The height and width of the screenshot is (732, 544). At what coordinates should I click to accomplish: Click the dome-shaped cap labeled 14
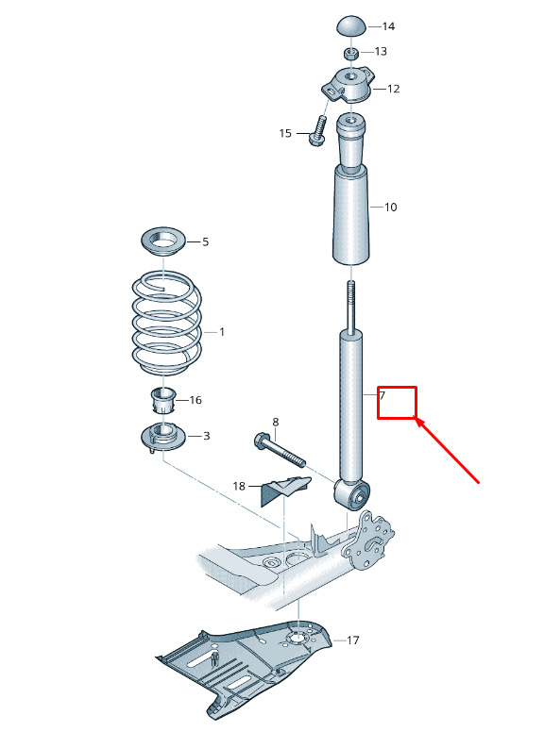pos(351,25)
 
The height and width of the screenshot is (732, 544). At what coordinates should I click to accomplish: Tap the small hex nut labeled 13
pos(351,53)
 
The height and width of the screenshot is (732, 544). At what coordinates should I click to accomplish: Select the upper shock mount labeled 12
pos(348,85)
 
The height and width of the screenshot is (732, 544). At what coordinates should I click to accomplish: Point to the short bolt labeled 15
pos(317,131)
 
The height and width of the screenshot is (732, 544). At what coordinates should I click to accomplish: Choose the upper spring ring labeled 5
pos(163,241)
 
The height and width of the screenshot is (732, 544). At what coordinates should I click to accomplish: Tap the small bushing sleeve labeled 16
pos(163,400)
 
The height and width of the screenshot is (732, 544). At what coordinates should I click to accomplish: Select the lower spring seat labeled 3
pos(163,438)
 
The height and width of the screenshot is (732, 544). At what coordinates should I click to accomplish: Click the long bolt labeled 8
pos(280,451)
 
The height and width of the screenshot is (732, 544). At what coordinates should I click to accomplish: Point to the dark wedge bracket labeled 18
pos(284,491)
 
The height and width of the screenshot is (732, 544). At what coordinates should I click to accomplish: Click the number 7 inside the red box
pos(382,395)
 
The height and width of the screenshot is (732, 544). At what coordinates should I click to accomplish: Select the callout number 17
pos(353,640)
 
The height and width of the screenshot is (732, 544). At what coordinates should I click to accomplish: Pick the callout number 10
pos(391,207)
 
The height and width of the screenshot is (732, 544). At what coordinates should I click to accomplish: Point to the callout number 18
pos(239,486)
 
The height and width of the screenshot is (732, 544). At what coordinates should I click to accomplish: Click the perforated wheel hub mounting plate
pos(369,541)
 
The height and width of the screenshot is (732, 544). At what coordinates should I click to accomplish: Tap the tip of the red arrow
pos(416,419)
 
